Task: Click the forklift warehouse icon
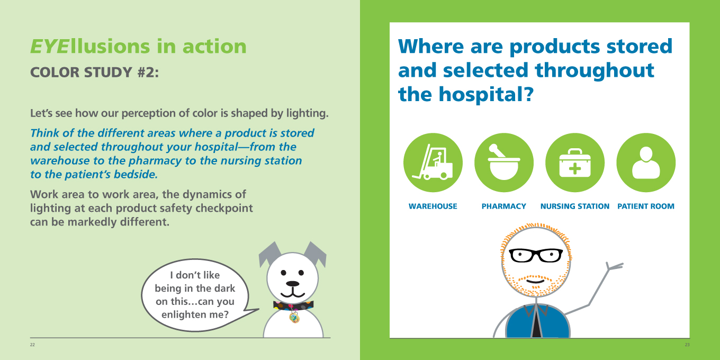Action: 433,163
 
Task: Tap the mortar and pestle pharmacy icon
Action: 504,163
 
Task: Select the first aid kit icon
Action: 575,163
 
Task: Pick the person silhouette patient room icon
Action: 646,163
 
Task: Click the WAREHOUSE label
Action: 433,206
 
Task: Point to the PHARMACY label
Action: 503,206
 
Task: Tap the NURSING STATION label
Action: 575,206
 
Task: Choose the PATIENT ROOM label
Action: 646,206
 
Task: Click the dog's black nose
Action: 292,284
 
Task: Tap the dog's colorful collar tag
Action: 294,318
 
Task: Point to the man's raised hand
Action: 614,266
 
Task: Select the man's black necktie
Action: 536,322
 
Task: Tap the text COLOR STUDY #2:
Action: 94,73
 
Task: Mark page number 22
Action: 32,345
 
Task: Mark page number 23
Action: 687,345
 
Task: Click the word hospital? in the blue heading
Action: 487,94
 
